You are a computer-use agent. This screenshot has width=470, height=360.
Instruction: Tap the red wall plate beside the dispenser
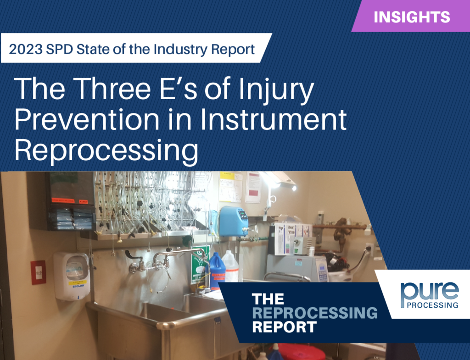tap(38, 272)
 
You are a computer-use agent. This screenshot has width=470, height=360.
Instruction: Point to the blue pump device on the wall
tap(233, 221)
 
